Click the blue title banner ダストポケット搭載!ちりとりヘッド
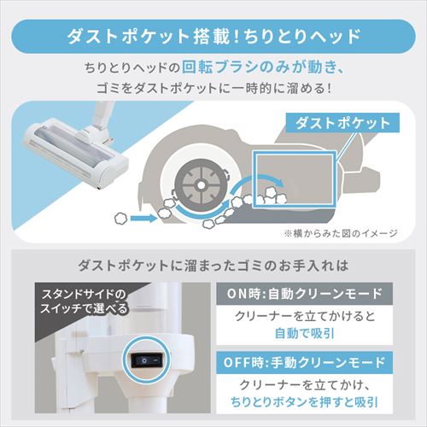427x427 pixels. coord(213,37)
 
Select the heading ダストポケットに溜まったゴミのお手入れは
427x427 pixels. coord(213,263)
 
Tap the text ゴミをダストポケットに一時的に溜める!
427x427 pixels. coord(213,89)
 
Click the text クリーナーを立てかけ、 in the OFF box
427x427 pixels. coord(315,386)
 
